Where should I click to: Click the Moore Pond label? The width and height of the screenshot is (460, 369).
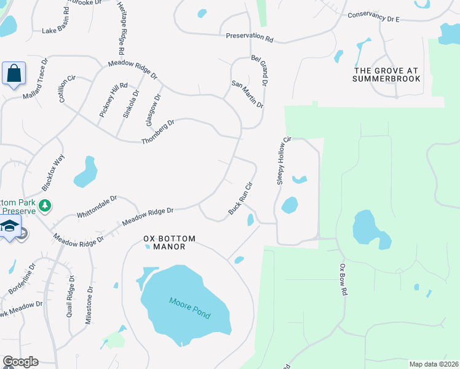190,308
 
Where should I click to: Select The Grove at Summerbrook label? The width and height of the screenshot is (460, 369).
387,74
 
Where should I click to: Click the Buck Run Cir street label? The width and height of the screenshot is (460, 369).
241,198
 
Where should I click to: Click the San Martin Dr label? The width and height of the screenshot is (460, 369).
247,94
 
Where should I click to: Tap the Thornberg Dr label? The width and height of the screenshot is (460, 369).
158,132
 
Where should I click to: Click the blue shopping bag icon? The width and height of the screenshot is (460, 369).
14,74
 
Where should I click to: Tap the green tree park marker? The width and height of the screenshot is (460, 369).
44,205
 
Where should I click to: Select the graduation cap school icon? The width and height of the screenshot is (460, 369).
9,227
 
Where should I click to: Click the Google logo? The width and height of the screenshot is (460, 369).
20,362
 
